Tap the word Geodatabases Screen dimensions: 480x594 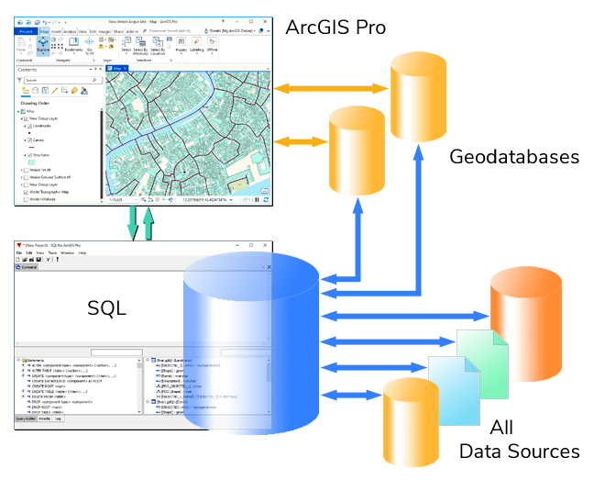514,157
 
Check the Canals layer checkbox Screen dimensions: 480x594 29,140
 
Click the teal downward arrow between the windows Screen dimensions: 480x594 132,222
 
